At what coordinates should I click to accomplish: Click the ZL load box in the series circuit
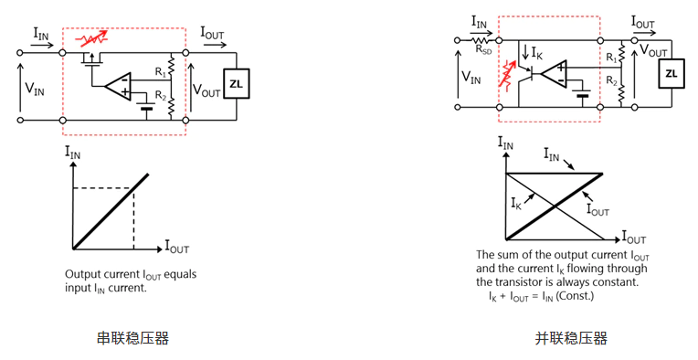click(237, 83)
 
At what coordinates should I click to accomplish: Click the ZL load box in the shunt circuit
click(671, 73)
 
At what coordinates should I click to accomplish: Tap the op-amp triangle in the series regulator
click(118, 86)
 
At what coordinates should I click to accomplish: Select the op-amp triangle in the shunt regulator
click(554, 73)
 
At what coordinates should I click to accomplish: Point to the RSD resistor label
click(483, 50)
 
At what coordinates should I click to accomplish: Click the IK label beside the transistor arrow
click(537, 54)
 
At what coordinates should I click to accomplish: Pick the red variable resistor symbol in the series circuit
click(92, 38)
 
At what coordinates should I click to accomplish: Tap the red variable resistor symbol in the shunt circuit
click(507, 74)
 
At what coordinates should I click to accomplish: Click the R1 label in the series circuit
click(160, 72)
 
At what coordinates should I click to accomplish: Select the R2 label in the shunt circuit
click(611, 80)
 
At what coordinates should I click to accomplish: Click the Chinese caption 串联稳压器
click(132, 338)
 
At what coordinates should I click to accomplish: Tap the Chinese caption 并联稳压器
click(571, 338)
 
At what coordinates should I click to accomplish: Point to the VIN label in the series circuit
click(35, 89)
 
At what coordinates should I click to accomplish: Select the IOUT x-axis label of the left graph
click(177, 246)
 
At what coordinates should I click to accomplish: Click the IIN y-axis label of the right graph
click(505, 143)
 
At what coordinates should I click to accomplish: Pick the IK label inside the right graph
click(516, 204)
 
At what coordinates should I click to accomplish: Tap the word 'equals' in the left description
click(180, 274)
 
